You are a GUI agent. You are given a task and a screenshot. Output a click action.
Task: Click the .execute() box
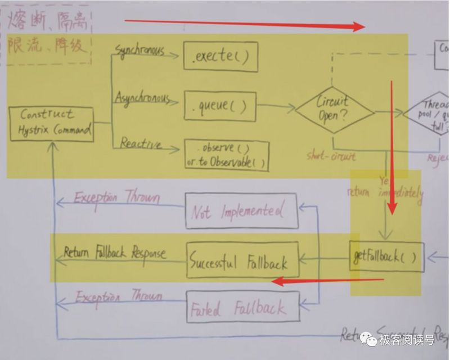221,57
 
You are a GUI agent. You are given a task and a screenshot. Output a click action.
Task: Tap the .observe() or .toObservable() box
227,156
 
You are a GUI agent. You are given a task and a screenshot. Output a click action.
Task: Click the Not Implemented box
242,212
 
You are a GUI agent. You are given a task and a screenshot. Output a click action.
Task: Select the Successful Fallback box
242,262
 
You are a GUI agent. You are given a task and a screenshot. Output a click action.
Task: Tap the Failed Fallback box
242,308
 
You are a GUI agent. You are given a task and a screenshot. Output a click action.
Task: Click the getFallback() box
386,257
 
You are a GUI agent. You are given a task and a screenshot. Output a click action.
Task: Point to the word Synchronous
140,51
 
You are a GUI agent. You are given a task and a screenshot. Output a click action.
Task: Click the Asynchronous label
142,98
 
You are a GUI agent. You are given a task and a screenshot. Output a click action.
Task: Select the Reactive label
141,144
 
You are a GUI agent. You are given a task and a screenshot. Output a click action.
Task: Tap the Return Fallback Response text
115,253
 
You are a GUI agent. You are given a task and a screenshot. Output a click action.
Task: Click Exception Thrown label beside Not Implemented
117,198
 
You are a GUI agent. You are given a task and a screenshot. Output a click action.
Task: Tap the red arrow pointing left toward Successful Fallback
332,280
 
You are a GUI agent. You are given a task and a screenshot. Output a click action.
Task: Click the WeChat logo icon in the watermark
369,339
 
